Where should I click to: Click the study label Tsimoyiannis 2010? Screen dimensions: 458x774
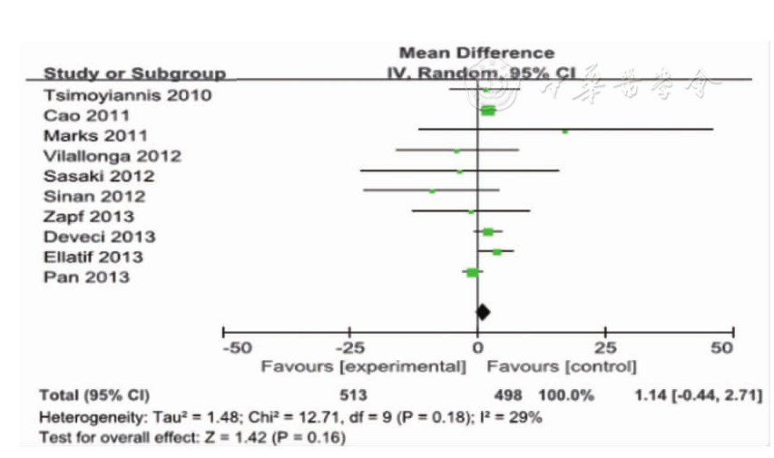click(128, 95)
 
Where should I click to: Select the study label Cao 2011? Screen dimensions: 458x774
click(87, 115)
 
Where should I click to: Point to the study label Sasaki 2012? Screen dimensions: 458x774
click(99, 176)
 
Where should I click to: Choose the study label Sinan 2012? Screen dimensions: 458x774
click(94, 196)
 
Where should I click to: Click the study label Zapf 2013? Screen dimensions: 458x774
click(89, 216)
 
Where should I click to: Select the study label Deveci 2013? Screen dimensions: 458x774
click(99, 237)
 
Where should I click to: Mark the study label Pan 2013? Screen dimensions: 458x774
click(86, 277)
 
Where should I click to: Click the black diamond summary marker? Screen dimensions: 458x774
click(483, 312)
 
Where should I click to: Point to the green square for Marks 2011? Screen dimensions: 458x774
click(564, 132)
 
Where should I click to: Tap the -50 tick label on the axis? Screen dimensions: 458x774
click(237, 348)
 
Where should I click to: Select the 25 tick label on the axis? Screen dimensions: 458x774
click(605, 348)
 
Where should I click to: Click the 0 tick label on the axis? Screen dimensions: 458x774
click(477, 348)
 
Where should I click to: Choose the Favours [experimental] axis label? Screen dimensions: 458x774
click(363, 367)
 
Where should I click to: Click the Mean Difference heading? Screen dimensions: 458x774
click(476, 53)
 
